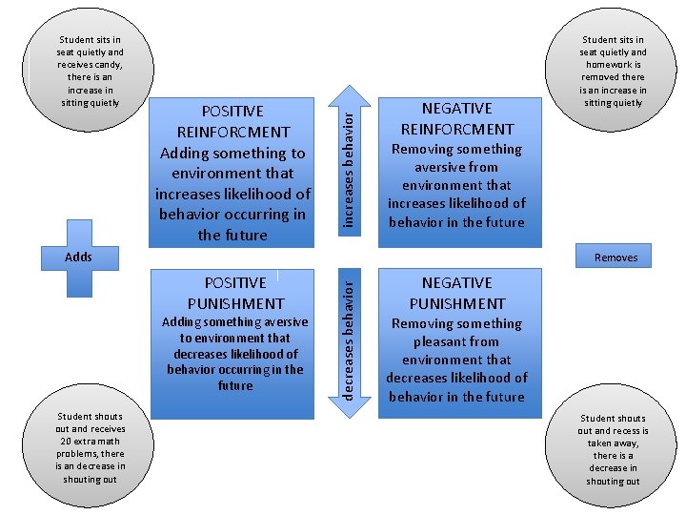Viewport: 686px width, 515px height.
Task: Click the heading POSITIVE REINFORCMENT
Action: [x=232, y=121]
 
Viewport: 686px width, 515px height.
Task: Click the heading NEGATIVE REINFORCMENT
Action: [x=456, y=118]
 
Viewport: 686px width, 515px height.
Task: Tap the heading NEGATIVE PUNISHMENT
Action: [x=456, y=293]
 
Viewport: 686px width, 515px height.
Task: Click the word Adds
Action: [x=78, y=257]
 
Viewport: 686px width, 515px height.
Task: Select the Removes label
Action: [x=615, y=257]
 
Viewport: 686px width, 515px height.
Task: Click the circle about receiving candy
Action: [x=89, y=72]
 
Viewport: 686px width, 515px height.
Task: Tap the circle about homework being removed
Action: [x=613, y=72]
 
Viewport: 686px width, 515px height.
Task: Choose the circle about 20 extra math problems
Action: [x=90, y=448]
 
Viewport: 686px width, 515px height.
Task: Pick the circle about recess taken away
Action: [x=613, y=448]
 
